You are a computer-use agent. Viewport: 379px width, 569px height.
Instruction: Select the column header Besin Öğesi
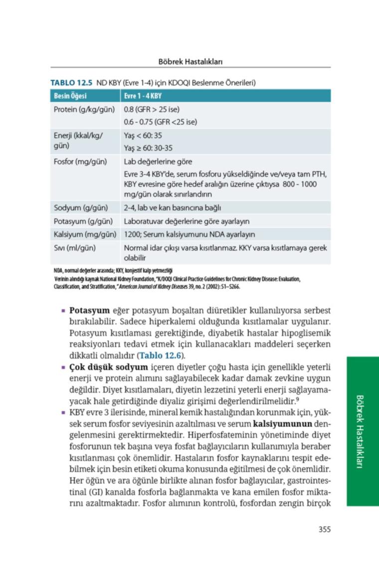click(x=70, y=96)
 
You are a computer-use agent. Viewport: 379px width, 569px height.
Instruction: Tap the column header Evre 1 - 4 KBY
click(x=143, y=96)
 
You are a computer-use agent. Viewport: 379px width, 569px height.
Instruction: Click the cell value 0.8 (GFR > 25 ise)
click(x=152, y=109)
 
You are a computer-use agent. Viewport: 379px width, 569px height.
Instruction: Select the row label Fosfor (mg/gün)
click(x=78, y=162)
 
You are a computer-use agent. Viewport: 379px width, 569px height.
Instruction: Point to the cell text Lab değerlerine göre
click(x=158, y=162)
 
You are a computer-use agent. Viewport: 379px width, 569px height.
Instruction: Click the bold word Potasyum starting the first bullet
click(x=89, y=310)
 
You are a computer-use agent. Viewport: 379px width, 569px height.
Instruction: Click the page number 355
click(x=324, y=530)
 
